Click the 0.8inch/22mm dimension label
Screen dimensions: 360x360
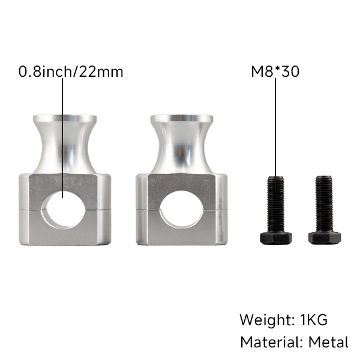(x=71, y=71)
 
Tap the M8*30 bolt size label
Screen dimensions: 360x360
(x=275, y=71)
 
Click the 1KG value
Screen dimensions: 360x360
(x=314, y=320)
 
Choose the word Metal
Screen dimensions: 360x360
(x=328, y=342)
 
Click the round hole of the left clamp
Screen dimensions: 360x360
(x=64, y=209)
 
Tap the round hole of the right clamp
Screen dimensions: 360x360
(x=181, y=209)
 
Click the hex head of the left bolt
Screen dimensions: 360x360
(x=276, y=238)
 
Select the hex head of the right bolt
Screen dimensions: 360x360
(x=325, y=238)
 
